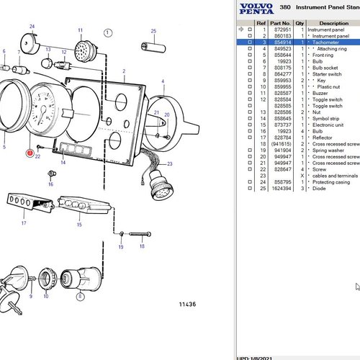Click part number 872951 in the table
coord(282,29)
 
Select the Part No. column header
coord(282,22)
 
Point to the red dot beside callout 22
coord(30,153)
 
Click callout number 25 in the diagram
coord(153,31)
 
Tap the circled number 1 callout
coord(107,32)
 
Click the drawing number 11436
coord(187,305)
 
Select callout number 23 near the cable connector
coord(170,164)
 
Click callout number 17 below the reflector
coord(23,223)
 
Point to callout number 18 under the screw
coord(142,246)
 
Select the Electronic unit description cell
coord(329,125)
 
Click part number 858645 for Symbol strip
coord(282,119)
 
